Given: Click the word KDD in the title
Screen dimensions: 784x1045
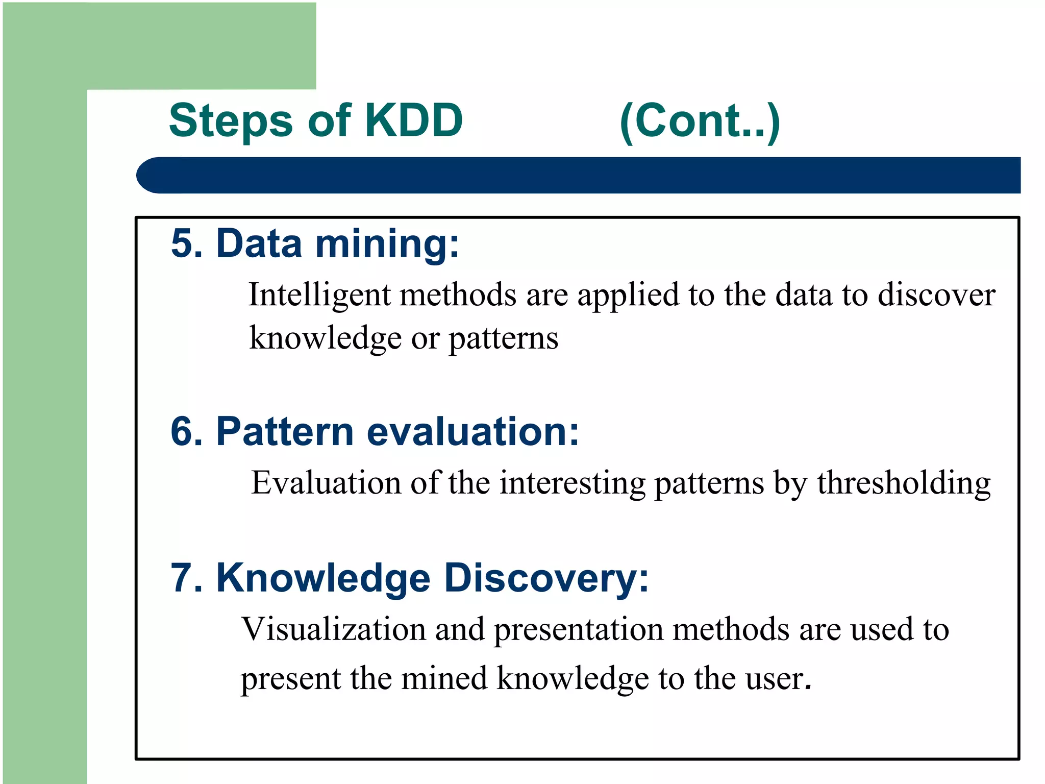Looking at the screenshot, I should point(414,120).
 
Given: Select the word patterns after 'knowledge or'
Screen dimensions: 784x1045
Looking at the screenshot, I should point(503,338).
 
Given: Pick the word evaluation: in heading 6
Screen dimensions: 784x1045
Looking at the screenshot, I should point(473,431).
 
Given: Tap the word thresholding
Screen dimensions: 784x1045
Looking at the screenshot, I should point(903,483).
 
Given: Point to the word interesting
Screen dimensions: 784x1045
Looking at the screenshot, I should point(572,483).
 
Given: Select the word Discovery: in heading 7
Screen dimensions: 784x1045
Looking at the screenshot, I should point(546,579).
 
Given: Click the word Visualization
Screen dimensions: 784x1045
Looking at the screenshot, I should point(333,629).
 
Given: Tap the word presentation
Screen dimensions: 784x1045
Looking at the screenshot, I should point(578,630).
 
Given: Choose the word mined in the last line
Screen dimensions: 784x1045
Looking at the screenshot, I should point(444,679).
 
